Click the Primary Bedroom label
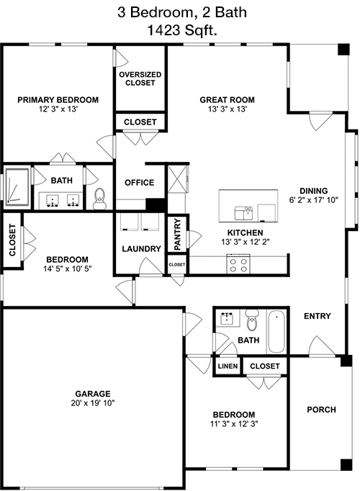[x=58, y=100]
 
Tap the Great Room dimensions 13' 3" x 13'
[x=228, y=109]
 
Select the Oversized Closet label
[x=140, y=78]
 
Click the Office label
[x=139, y=183]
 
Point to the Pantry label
[x=177, y=234]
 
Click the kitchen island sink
[x=243, y=213]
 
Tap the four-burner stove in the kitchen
[x=238, y=264]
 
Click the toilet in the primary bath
[x=99, y=199]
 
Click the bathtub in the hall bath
[x=276, y=332]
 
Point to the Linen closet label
[x=228, y=366]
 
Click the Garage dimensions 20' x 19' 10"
[x=93, y=402]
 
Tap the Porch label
[x=321, y=410]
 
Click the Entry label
[x=317, y=316]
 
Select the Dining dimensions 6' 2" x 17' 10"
[x=314, y=200]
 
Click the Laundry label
[x=141, y=249]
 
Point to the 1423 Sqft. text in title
[x=182, y=31]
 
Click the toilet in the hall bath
[x=252, y=320]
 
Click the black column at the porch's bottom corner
[x=346, y=465]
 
